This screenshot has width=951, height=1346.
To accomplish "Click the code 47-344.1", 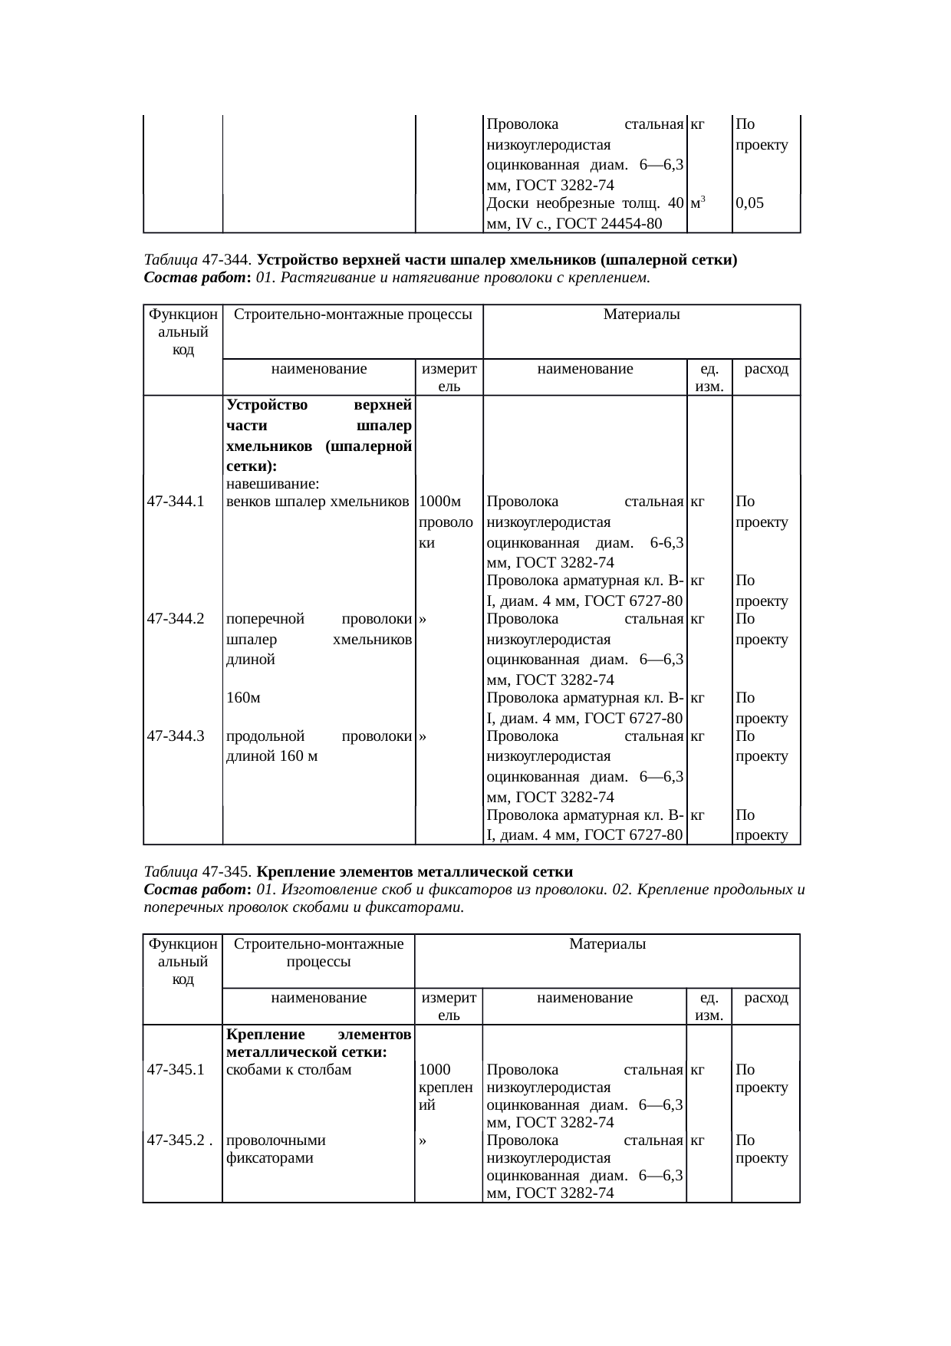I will click(175, 502).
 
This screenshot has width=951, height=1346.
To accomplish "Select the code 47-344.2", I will click(175, 619).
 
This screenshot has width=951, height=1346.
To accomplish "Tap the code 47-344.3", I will click(175, 736).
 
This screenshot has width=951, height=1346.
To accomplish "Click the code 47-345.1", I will click(175, 1070).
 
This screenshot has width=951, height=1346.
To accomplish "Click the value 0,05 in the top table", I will click(749, 204).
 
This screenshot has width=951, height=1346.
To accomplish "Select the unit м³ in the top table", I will click(698, 203).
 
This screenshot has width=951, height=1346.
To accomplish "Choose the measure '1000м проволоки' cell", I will click(439, 522).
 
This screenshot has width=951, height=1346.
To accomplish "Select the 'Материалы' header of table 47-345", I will click(607, 944).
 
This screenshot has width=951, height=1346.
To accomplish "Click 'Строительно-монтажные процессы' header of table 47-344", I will click(352, 314).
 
